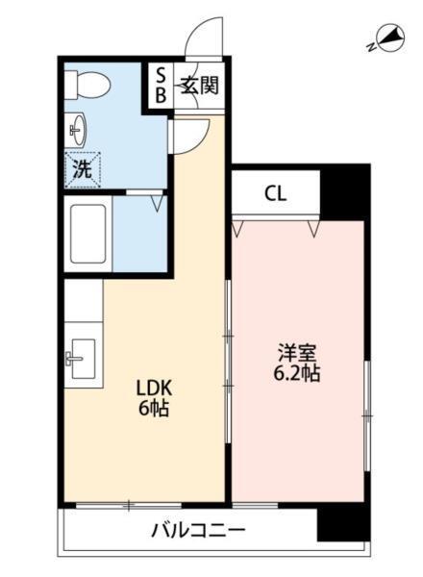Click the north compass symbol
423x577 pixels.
(386, 39)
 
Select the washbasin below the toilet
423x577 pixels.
(77, 128)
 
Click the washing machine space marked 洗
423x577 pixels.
(83, 169)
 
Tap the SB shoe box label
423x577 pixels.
(161, 85)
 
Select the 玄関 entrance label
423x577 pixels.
(198, 85)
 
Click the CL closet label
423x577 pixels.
(275, 193)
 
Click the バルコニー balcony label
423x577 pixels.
(198, 530)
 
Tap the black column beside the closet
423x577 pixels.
(344, 191)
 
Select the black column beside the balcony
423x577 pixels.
(342, 523)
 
